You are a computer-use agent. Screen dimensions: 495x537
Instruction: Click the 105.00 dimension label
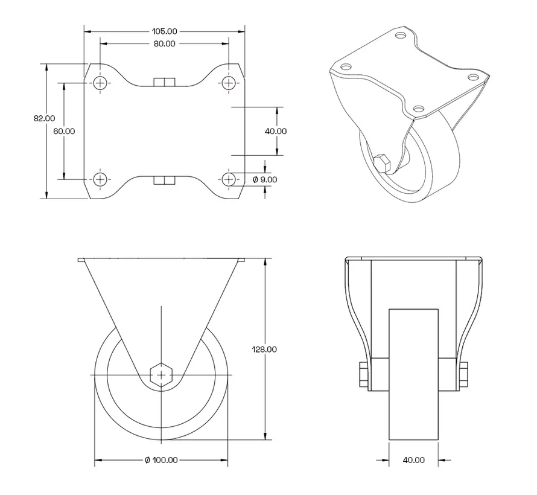[x=164, y=31]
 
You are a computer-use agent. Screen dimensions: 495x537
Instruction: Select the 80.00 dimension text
[x=164, y=44]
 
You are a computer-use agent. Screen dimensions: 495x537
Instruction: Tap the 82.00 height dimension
[x=44, y=119]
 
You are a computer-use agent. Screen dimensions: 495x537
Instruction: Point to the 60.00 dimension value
[x=64, y=131]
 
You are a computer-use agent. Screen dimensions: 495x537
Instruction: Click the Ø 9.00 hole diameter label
[x=264, y=179]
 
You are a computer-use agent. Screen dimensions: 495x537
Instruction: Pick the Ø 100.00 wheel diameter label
[x=161, y=460]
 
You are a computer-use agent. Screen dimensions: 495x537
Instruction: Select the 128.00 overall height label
[x=264, y=349]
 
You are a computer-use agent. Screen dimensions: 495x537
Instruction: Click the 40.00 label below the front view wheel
[x=413, y=460]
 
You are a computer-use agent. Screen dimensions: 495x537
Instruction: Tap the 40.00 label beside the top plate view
[x=276, y=131]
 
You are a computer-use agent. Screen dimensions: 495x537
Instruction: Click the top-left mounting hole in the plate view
[x=100, y=83]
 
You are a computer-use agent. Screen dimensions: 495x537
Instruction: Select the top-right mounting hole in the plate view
[x=228, y=83]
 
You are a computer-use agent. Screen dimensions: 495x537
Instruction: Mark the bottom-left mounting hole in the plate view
[x=100, y=179]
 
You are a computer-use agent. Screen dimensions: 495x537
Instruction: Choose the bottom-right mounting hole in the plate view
[x=228, y=179]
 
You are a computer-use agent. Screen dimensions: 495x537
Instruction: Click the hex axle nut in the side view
[x=161, y=375]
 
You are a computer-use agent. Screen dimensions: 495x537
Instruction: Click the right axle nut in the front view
[x=464, y=374]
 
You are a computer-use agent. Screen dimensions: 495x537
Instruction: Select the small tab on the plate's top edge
[x=164, y=81]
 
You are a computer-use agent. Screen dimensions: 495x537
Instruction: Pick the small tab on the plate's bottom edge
[x=164, y=180]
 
